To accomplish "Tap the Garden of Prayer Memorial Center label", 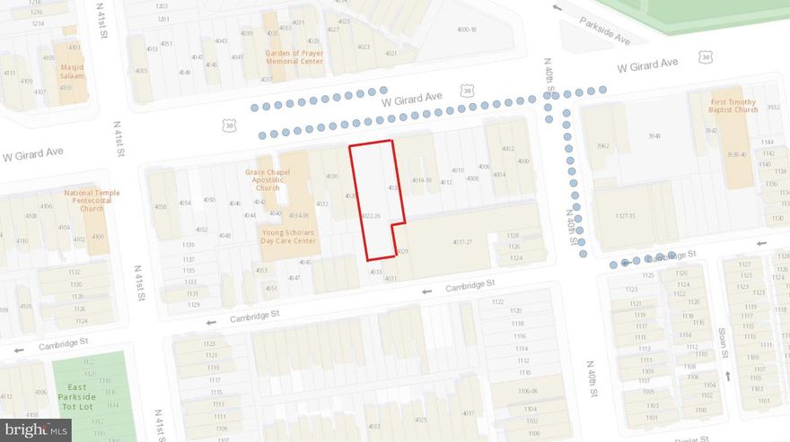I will point(294,56).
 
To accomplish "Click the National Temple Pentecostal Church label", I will point(92,200).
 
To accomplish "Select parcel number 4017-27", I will point(462,242).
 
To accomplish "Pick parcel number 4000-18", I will point(466,30).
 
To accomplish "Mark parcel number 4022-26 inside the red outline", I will point(372,216).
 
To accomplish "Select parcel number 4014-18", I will point(422,180).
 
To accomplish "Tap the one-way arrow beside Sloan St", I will point(728,376).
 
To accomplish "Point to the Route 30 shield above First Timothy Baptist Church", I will point(707,57).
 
